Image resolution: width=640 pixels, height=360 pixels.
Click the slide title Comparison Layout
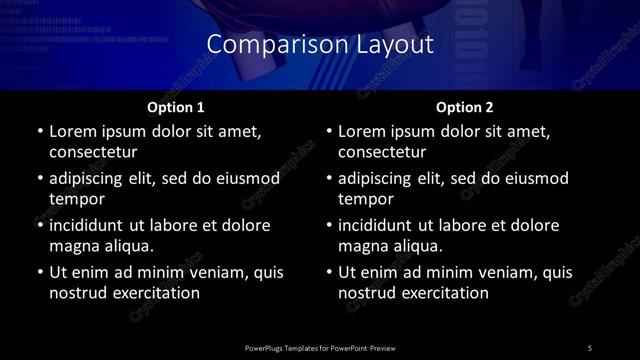pos(320,45)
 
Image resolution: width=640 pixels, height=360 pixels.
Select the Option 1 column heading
pos(175,106)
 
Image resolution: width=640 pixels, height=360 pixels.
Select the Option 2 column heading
pos(465,106)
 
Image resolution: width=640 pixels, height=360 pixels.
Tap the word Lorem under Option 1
pos(74,132)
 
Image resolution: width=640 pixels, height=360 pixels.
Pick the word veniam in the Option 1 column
pos(206,273)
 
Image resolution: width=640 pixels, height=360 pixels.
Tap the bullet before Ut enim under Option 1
pos(39,273)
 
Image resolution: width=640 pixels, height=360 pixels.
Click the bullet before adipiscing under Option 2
pos(329,179)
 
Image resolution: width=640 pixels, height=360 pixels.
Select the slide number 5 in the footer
pos(590,347)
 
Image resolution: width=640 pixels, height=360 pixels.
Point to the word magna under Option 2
pos(362,247)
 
